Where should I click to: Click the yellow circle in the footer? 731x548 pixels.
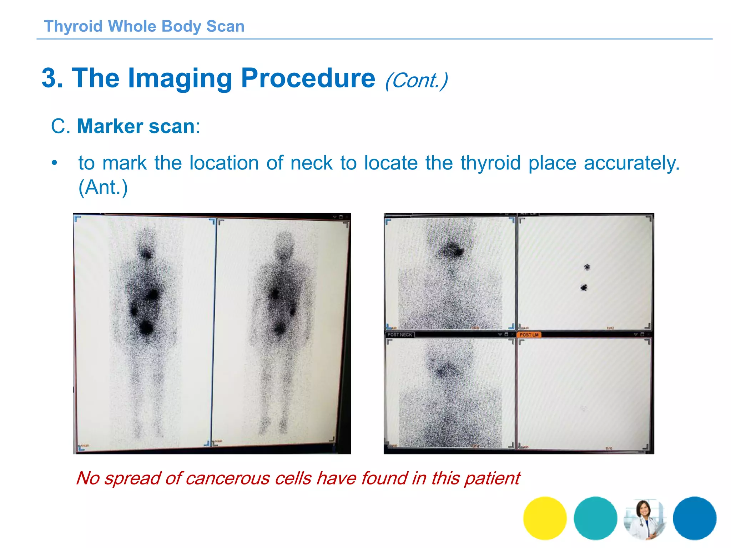tap(545, 518)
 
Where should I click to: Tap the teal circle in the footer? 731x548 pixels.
tap(595, 518)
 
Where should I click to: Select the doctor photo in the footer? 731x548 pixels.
tap(645, 519)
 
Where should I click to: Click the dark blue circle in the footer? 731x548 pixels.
tap(695, 518)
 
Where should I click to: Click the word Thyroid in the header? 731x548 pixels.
tap(73, 26)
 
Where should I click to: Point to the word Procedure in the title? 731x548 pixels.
tap(308, 78)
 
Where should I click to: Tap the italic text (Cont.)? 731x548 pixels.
tap(416, 80)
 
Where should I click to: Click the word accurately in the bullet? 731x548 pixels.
tap(632, 163)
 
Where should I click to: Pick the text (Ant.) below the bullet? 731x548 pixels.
tap(103, 187)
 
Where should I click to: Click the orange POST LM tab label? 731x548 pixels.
tap(529, 335)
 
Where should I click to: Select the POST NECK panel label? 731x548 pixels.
tap(400, 335)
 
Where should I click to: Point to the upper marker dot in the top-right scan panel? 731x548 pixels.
tap(587, 267)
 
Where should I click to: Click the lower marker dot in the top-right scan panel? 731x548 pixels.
tap(584, 287)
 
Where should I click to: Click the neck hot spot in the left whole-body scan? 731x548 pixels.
tap(146, 254)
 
